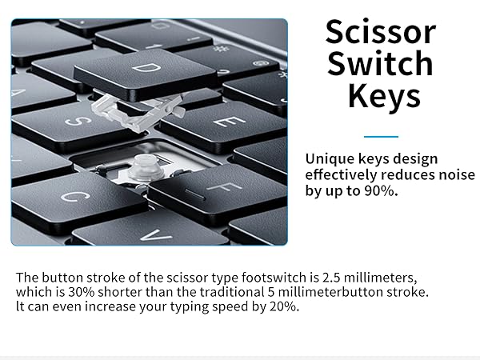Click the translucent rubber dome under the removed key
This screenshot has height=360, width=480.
[144, 166]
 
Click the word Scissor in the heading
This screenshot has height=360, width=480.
[380, 33]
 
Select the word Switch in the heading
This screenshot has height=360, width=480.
[380, 64]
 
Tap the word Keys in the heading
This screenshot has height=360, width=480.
[384, 96]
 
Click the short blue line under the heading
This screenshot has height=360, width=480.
[380, 136]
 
